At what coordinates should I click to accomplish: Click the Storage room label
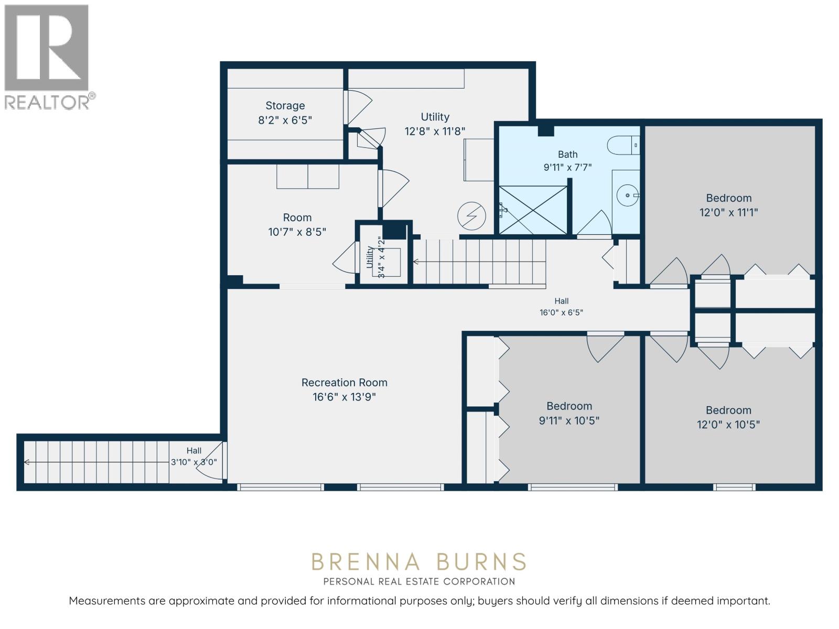pyautogui.click(x=285, y=113)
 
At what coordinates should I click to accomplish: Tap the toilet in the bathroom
pyautogui.click(x=623, y=145)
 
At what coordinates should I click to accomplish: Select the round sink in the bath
pyautogui.click(x=627, y=196)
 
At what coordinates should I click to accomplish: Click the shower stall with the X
pyautogui.click(x=533, y=210)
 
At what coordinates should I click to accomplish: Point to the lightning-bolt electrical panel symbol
pyautogui.click(x=471, y=216)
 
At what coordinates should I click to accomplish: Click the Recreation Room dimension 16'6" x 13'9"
pyautogui.click(x=344, y=397)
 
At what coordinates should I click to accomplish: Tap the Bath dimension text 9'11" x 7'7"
pyautogui.click(x=567, y=167)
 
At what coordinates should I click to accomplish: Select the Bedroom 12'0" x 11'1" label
pyautogui.click(x=728, y=205)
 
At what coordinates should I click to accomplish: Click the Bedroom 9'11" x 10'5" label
pyautogui.click(x=569, y=413)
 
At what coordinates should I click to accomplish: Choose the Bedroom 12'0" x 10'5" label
pyautogui.click(x=728, y=417)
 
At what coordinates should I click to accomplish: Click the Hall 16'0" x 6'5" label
pyautogui.click(x=561, y=307)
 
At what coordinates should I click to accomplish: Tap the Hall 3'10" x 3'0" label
pyautogui.click(x=194, y=457)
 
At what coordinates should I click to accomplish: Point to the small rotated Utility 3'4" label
pyautogui.click(x=375, y=257)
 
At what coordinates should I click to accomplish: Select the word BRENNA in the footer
pyautogui.click(x=366, y=562)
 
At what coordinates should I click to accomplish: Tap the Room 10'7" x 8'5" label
pyautogui.click(x=297, y=224)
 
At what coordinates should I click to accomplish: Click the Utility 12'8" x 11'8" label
pyautogui.click(x=435, y=124)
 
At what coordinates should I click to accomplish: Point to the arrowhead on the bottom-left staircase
pyautogui.click(x=26, y=462)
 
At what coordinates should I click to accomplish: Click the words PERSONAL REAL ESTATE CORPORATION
pyautogui.click(x=419, y=582)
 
